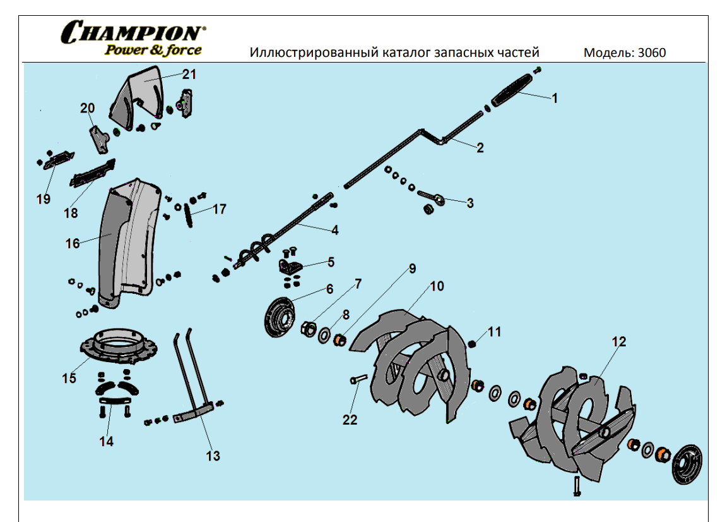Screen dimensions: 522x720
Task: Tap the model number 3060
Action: [652, 52]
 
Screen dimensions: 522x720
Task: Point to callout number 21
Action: [189, 74]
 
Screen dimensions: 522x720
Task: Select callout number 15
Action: [69, 378]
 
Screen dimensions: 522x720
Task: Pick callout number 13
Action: [213, 455]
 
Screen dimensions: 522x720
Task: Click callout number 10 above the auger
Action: [437, 286]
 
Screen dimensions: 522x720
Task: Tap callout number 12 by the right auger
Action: [619, 341]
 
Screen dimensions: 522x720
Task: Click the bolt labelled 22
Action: [358, 380]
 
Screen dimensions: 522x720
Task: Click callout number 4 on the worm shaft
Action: [334, 230]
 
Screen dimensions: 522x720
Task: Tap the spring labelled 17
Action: [188, 217]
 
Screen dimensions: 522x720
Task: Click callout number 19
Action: [43, 199]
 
